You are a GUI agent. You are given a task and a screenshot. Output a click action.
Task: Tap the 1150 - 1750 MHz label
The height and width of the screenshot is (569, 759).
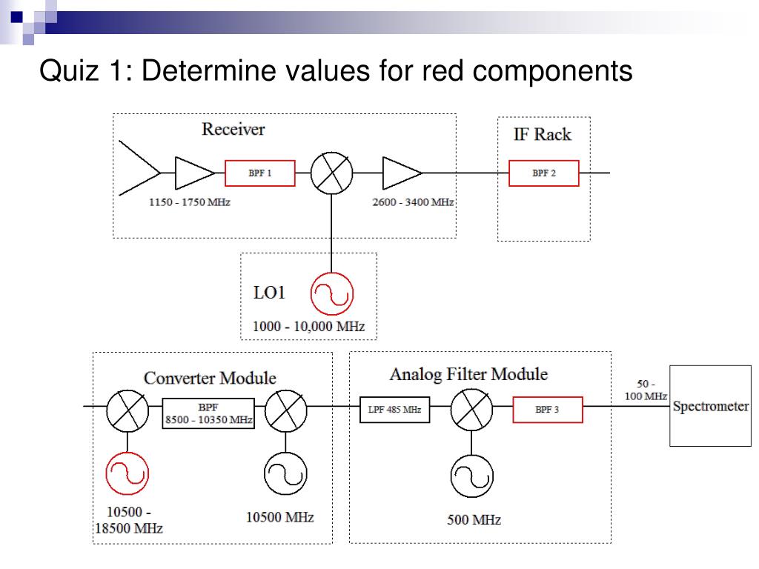tap(189, 202)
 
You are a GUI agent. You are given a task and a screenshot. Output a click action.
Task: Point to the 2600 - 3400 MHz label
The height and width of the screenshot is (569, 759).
tap(413, 202)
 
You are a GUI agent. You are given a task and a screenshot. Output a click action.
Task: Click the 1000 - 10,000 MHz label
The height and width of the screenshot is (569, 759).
tap(309, 327)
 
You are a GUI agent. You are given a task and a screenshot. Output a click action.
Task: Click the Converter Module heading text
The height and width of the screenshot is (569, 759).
tap(210, 378)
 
